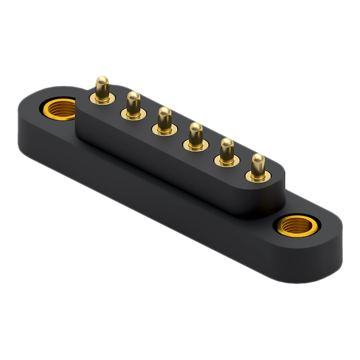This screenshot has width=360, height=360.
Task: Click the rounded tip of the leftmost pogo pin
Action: coord(102,82)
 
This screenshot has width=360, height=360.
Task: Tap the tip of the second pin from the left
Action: coord(133,97)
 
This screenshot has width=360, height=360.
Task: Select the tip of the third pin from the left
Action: coord(164,112)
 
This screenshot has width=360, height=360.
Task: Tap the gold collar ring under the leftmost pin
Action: coord(102,100)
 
